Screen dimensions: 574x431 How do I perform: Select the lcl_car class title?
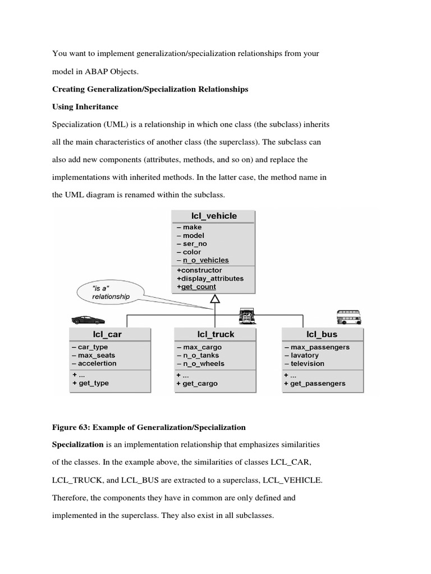(107, 334)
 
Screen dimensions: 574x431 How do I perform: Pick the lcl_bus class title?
(322, 334)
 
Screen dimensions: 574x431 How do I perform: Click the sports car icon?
(88, 320)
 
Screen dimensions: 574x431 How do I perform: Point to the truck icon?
(247, 316)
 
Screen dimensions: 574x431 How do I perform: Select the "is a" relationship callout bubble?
(110, 292)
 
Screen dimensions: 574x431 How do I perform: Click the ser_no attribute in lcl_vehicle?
(194, 244)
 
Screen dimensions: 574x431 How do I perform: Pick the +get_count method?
(196, 286)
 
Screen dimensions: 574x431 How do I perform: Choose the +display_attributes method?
(210, 278)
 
